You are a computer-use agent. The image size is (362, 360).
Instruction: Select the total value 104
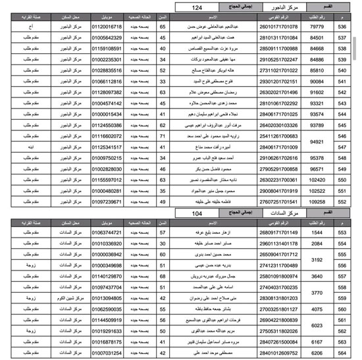coord(197,215)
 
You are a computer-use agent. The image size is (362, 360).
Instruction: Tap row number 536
coord(342,26)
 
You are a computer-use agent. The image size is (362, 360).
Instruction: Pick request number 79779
coord(317,26)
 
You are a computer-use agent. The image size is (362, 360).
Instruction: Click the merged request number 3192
coord(317,260)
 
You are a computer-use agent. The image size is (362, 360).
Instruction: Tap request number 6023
coord(317,324)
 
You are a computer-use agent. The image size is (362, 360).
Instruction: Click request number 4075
coord(317,308)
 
